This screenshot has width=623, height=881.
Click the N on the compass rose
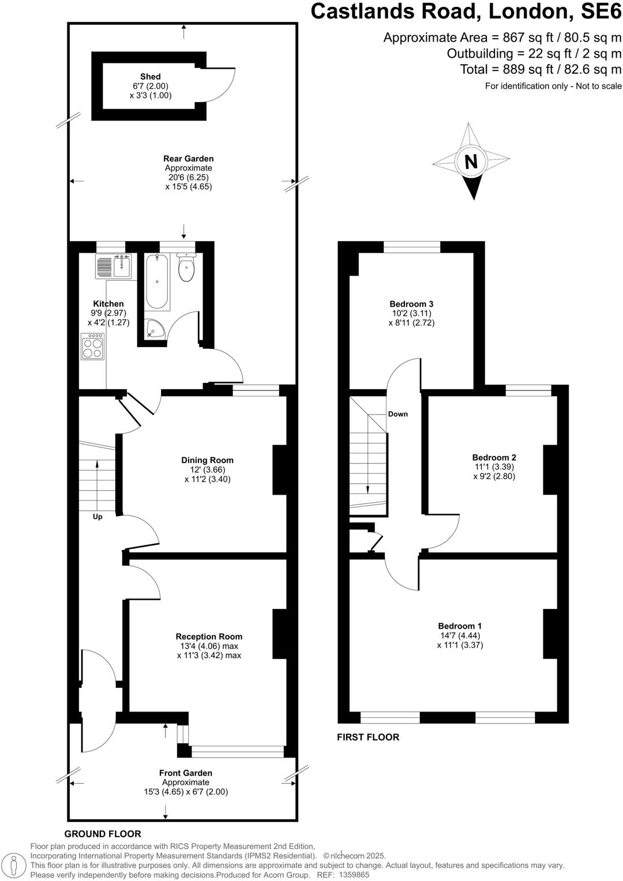[471, 162]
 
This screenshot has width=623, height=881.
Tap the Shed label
[150, 77]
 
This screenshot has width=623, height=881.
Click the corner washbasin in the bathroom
[154, 329]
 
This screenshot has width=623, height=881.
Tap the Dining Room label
[208, 460]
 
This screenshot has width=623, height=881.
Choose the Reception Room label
[209, 637]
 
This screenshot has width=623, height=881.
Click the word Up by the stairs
[97, 517]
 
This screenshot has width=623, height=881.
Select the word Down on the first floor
[398, 414]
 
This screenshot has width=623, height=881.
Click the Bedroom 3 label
[411, 304]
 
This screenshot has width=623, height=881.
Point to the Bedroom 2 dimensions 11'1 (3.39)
[493, 467]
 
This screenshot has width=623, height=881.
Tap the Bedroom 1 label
[460, 626]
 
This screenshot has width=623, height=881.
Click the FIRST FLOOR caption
[368, 737]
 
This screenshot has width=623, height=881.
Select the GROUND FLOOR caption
[103, 834]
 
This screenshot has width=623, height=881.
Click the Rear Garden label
[189, 159]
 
